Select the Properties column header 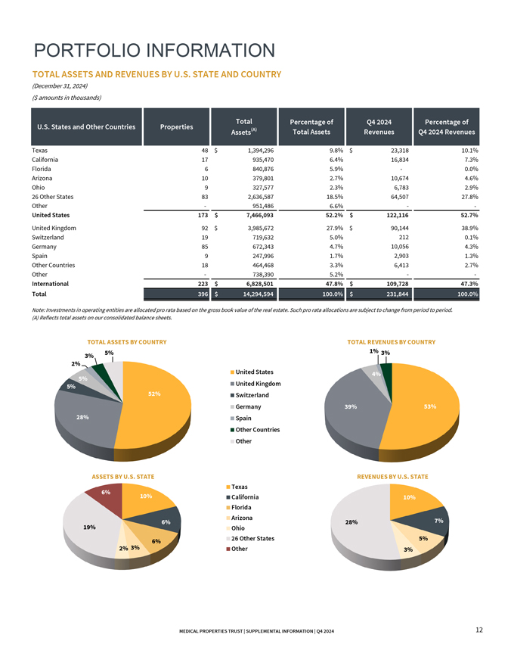coord(178,126)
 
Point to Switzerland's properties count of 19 coord(204,238)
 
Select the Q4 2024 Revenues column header coord(379,126)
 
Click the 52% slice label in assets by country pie coord(154,394)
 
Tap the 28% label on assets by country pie coord(82,417)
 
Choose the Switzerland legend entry coord(252,395)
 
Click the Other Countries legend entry coord(257,430)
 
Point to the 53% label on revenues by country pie coord(430,407)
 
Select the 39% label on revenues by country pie coord(350,407)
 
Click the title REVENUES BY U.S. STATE coord(398,477)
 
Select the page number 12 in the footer coord(479,630)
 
